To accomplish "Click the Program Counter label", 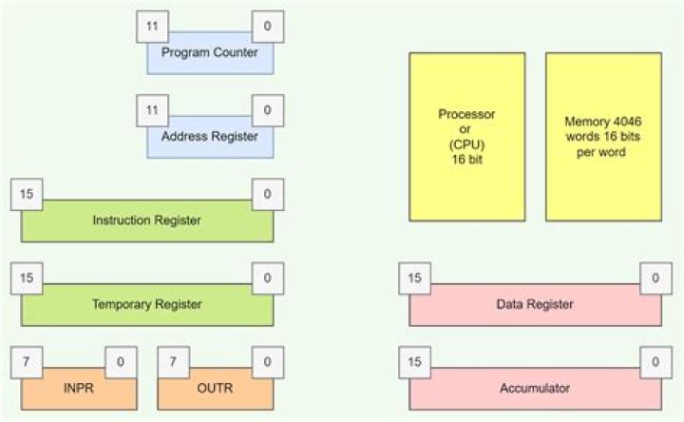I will click(x=209, y=52).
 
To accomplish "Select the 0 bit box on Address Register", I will click(x=267, y=110).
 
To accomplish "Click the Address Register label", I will click(x=209, y=137).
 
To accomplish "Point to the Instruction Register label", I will click(x=146, y=221).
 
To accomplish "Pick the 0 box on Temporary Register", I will click(x=267, y=278).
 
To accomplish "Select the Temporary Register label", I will click(x=146, y=304).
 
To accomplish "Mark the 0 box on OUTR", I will click(x=267, y=362).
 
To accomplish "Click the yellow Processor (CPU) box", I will click(x=466, y=136).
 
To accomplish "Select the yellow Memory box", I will click(x=602, y=136).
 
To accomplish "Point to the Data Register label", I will click(x=535, y=304).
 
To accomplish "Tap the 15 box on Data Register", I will click(x=413, y=278).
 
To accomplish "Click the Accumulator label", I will click(x=535, y=388).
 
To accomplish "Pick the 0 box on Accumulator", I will click(x=655, y=362).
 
